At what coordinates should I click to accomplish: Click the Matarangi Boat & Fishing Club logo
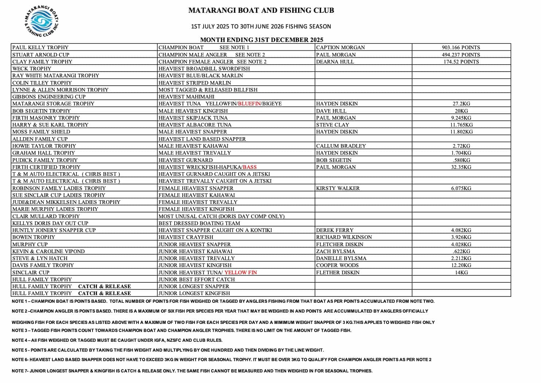41,21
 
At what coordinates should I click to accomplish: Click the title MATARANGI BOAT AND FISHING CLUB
261,11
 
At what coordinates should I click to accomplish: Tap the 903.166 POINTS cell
461,47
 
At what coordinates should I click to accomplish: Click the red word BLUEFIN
249,104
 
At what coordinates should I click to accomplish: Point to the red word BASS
250,167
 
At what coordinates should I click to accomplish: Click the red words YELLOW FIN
240,272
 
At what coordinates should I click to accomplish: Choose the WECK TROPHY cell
32,69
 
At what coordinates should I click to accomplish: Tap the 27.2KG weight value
461,104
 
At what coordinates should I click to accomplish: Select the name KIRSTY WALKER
338,188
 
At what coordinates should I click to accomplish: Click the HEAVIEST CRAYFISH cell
186,237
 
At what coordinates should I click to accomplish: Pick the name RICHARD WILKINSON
344,237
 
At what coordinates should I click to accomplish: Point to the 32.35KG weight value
461,167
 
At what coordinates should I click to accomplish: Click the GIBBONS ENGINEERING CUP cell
49,97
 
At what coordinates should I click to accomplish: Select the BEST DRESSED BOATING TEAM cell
199,223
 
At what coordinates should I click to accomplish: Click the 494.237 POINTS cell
461,55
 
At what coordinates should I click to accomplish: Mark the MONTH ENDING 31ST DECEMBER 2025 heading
262,40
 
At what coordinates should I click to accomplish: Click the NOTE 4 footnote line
117,340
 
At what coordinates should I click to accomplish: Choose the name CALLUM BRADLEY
341,146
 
